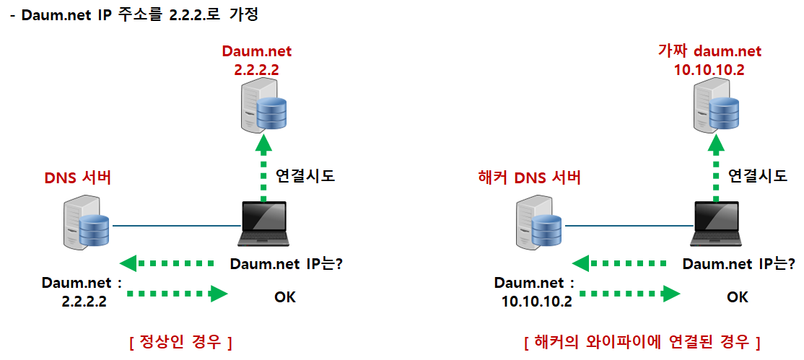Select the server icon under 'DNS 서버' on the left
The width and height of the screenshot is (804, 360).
(85, 224)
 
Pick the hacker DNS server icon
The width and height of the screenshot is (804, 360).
(538, 224)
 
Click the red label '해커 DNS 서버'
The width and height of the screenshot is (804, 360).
(530, 177)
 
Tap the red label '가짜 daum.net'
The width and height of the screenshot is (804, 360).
(709, 51)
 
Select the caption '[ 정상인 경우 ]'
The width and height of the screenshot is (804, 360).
(179, 341)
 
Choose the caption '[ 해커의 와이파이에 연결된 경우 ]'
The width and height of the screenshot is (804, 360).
(642, 341)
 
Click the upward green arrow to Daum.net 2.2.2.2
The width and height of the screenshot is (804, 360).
(264, 170)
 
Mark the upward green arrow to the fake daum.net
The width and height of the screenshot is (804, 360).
(717, 170)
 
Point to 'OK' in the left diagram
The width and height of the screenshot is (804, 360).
(284, 297)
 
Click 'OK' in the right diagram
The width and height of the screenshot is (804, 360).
(737, 297)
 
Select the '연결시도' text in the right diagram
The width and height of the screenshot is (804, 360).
(757, 175)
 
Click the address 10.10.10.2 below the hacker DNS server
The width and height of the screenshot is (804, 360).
(536, 302)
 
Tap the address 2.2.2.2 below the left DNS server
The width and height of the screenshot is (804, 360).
(84, 302)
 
